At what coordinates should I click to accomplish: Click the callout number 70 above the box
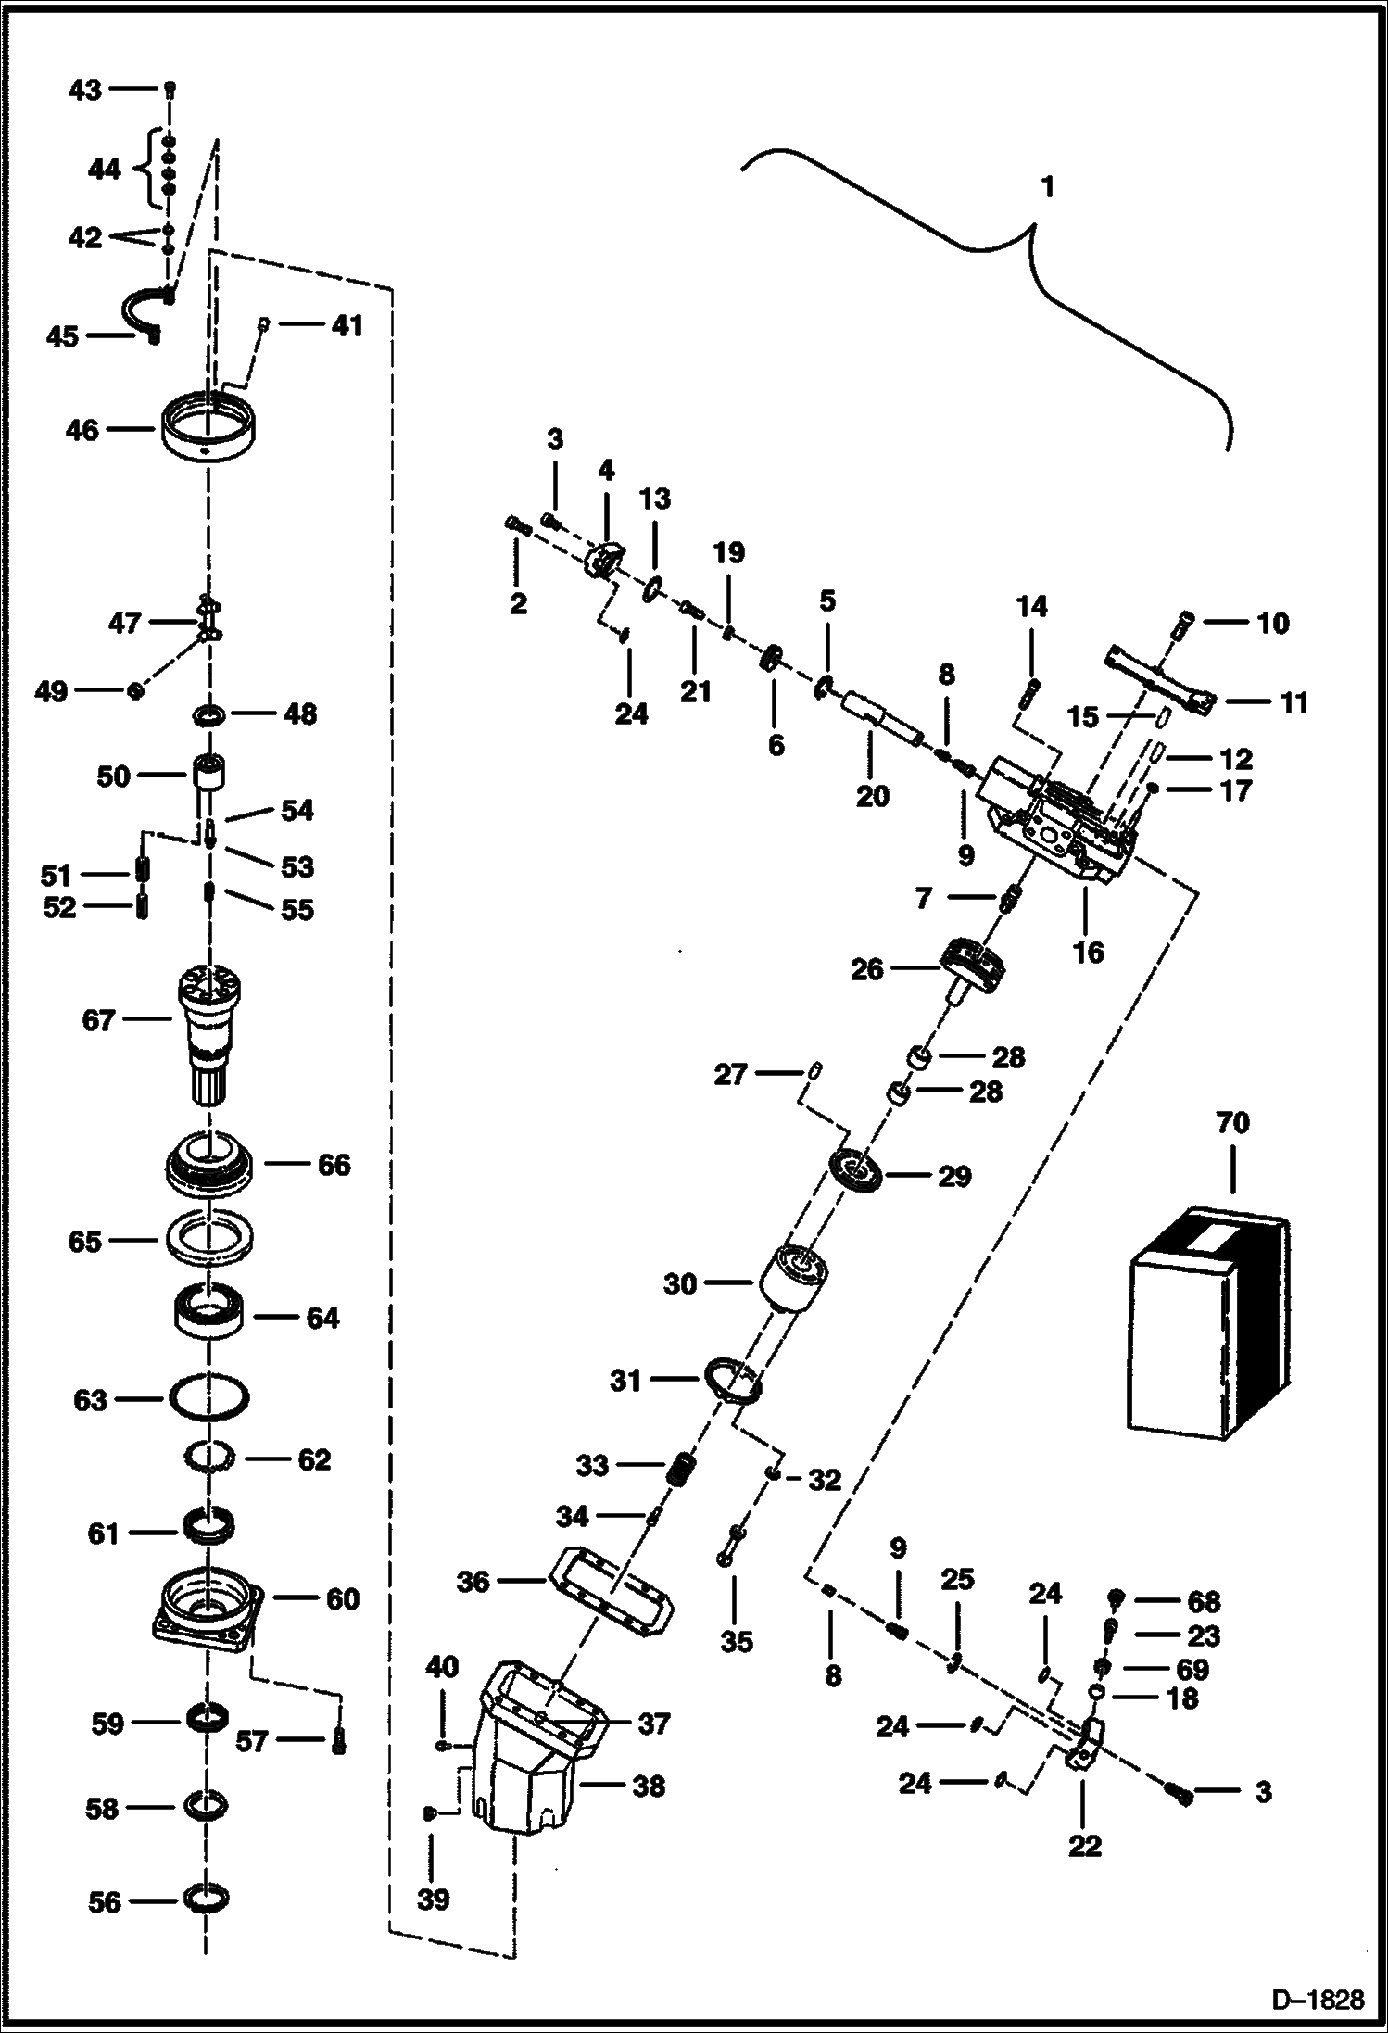pos(1232,1124)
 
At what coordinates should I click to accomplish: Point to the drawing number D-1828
pos(1317,1998)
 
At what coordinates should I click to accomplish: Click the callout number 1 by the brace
pos(1048,188)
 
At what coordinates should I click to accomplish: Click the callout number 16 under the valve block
pos(1088,952)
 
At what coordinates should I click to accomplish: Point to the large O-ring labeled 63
pos(208,1399)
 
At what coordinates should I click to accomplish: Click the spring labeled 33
pos(682,1470)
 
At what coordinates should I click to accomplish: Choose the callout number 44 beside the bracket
pos(103,170)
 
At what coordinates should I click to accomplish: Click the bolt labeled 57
pos(339,1741)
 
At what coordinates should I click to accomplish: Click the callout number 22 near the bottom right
pos(1084,1846)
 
